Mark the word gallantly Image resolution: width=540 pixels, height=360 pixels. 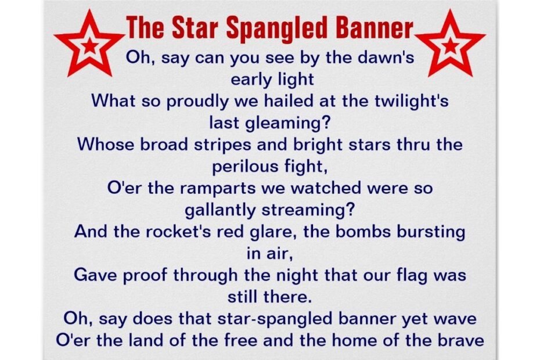pos(224,210)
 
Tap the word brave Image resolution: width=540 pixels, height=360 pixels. pos(458,339)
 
